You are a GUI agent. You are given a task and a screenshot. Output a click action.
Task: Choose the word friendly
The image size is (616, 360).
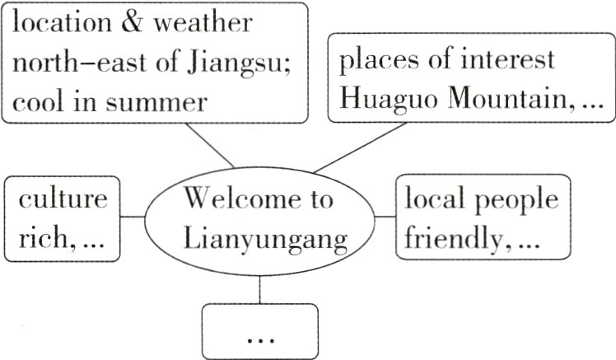point(450,239)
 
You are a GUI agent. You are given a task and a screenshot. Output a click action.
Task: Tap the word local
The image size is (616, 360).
point(434,200)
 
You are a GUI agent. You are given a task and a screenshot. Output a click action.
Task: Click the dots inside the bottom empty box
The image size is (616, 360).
point(259,339)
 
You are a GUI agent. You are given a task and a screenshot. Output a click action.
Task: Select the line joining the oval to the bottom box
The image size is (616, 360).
point(259,288)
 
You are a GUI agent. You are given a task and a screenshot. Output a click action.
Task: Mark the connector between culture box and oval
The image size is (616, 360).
point(133,217)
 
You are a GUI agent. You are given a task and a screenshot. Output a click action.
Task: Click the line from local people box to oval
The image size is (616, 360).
point(385,217)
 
